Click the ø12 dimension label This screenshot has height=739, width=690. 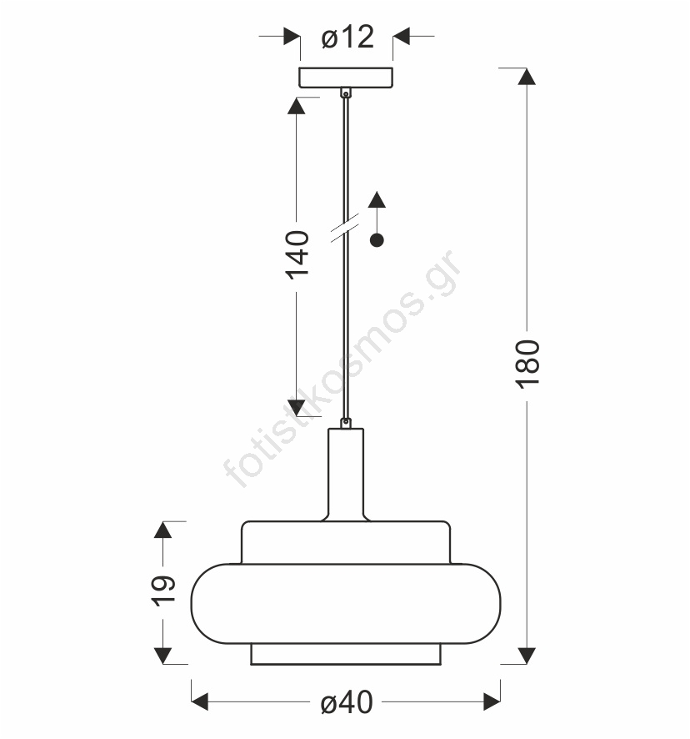(347, 38)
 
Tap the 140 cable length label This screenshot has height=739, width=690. (297, 255)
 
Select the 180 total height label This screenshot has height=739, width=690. (527, 364)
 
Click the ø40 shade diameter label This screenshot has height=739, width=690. (347, 702)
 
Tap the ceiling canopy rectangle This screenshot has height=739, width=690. (346, 78)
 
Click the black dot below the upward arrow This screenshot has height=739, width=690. (377, 240)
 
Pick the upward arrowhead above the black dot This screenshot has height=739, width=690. (377, 199)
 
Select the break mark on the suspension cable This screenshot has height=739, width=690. (345, 228)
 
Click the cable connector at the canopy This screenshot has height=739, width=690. (346, 93)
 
